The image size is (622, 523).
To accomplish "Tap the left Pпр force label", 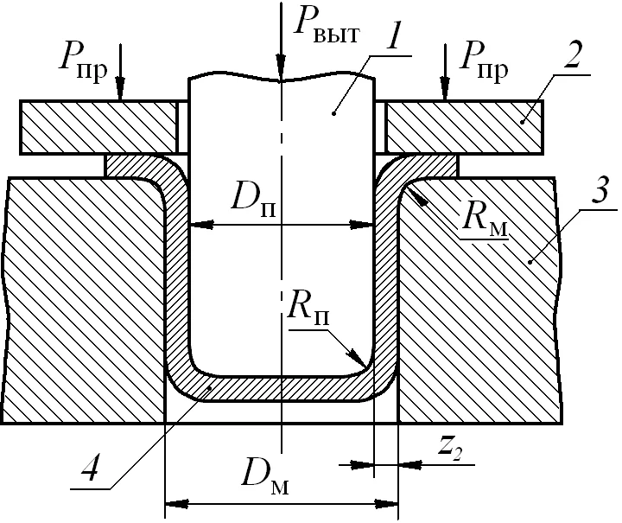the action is coord(83,62).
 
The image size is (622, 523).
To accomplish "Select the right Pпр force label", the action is coord(483,62).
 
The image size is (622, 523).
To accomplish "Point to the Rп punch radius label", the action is coord(308,308).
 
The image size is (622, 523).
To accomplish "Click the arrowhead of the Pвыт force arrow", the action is coord(281,70).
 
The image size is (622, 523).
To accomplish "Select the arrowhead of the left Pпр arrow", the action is coord(120,88).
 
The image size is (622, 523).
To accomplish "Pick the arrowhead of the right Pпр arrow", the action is coord(445,88).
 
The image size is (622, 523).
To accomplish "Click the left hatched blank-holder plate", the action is coord(98,127).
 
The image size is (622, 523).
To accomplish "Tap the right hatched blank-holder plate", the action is coord(465,127).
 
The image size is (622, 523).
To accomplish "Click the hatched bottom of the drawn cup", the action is coord(282,389).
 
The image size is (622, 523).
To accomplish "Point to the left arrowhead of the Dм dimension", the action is coord(177,504).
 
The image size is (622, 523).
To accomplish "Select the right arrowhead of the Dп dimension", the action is coord(361,226).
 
